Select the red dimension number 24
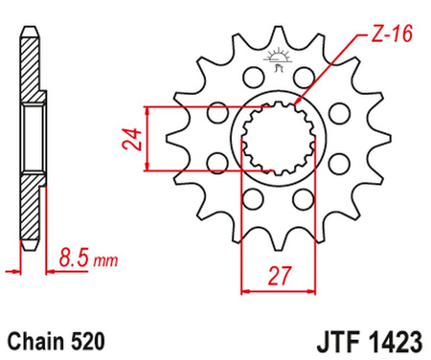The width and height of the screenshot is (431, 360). click(125, 140)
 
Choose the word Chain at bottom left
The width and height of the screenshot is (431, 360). click(37, 339)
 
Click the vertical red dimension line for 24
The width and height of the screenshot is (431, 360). click(146, 140)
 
